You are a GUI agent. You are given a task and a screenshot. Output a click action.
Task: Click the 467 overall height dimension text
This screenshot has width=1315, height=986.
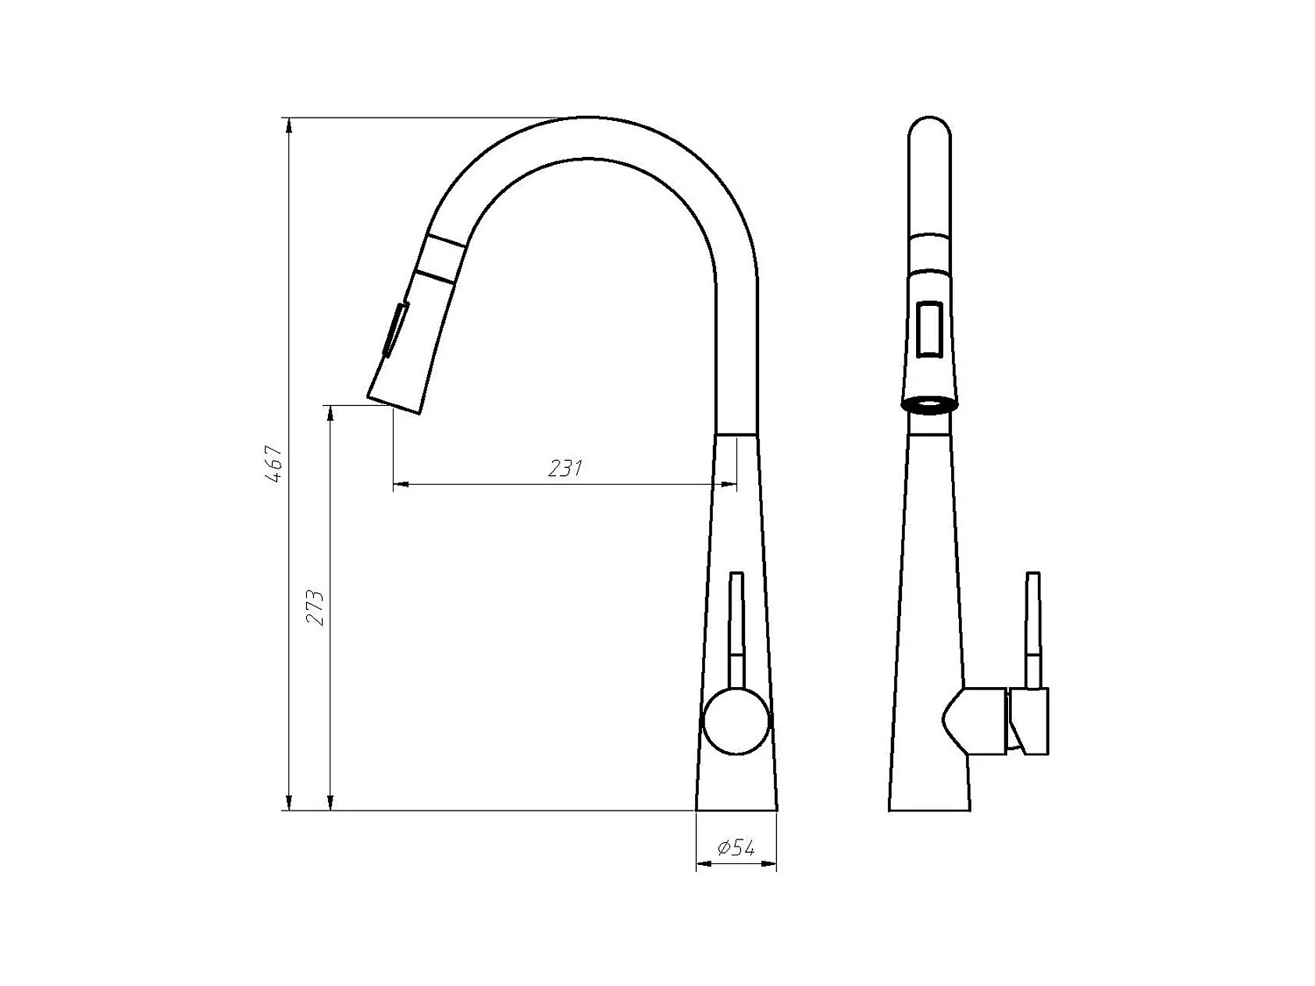274,465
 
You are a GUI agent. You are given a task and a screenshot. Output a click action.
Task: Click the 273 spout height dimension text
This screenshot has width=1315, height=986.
316,607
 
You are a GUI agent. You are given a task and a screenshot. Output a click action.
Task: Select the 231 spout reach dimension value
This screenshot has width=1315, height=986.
565,468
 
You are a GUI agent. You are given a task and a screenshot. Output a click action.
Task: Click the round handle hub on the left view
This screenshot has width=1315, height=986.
736,720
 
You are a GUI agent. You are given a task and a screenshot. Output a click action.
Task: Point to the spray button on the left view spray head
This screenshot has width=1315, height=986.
394,330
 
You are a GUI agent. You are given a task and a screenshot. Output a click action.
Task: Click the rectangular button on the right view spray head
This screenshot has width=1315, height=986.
929,328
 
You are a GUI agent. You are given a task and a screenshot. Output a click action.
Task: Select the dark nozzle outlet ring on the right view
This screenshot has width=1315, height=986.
929,405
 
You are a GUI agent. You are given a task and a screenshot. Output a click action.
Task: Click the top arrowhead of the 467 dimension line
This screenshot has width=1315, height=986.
288,125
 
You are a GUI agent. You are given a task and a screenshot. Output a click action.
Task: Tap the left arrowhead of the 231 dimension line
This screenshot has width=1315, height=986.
400,483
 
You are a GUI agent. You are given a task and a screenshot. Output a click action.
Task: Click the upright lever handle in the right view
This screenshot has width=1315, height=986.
1034,627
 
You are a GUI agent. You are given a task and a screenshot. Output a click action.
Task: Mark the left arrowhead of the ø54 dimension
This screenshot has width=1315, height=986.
702,865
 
